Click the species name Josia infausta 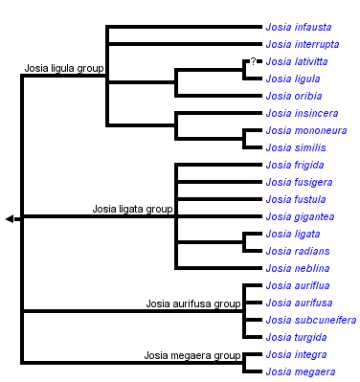tap(298, 27)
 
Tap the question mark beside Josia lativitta tap(253, 61)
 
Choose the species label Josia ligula tap(293, 79)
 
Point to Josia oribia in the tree tap(293, 96)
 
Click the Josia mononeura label tap(306, 130)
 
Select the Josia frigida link tap(295, 165)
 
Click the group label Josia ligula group tap(64, 70)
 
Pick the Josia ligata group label tap(132, 208)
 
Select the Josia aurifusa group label tap(193, 303)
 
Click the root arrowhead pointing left tap(10, 219)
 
